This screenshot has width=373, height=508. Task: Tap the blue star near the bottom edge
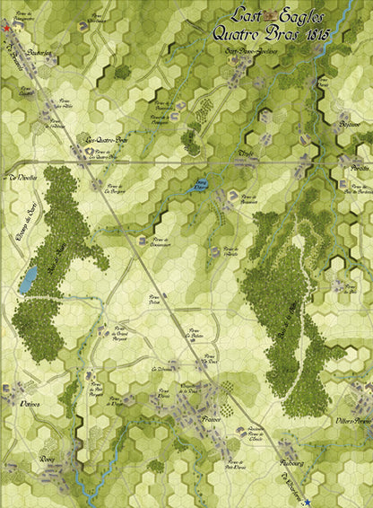click(x=307, y=501)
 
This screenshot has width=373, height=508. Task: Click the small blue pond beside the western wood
click(x=30, y=279)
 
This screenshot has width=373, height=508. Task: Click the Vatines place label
click(x=30, y=405)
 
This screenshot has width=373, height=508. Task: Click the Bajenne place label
click(x=349, y=127)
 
